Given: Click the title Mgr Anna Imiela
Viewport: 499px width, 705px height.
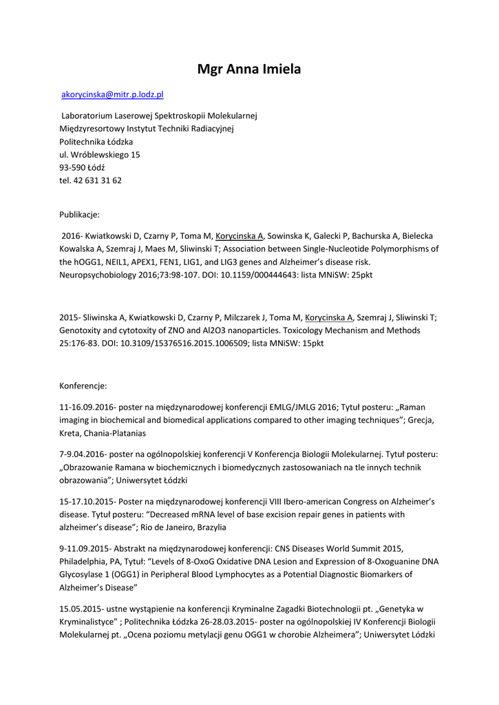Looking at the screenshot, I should [x=249, y=69].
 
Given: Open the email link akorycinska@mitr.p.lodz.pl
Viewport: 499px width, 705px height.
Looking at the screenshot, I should [x=112, y=94].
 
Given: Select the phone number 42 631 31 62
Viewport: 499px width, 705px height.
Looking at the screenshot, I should [x=98, y=180].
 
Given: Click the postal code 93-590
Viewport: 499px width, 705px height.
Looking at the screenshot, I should [x=72, y=167].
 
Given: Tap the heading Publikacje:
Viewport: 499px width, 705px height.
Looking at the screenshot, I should [x=79, y=214].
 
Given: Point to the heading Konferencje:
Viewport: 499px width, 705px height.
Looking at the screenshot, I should [x=83, y=386].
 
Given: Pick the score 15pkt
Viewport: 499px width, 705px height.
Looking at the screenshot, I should [x=308, y=344].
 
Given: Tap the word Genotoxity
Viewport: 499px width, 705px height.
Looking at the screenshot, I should [x=83, y=330].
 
